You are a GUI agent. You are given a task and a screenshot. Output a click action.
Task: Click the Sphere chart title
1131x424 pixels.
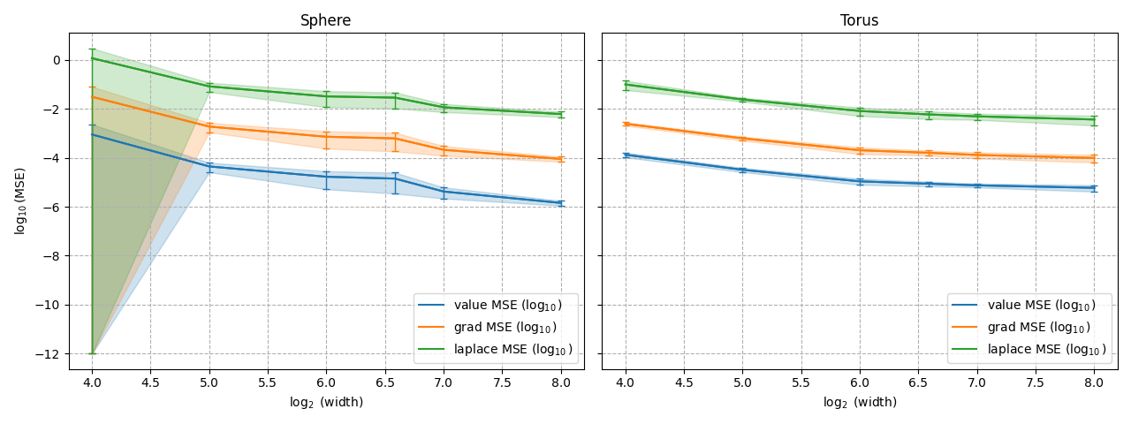[326, 20]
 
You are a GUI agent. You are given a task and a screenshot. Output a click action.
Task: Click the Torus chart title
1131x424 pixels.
[859, 20]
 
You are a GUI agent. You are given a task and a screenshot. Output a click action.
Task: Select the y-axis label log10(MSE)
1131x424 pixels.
[19, 201]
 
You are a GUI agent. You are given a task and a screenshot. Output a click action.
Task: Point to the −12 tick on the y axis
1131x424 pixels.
[48, 354]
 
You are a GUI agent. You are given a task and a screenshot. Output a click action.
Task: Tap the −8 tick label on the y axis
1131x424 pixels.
[51, 256]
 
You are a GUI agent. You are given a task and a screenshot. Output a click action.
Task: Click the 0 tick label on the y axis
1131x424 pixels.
[57, 61]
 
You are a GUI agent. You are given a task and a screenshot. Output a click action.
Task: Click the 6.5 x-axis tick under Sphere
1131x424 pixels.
[384, 382]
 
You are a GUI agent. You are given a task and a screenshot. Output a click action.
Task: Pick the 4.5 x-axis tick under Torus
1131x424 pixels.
[684, 382]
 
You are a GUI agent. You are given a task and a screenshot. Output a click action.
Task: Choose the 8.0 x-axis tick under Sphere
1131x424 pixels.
[561, 382]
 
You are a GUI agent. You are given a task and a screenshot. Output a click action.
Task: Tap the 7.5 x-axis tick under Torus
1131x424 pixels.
[1035, 382]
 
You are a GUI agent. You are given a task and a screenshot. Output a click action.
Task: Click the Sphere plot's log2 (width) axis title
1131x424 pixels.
[326, 402]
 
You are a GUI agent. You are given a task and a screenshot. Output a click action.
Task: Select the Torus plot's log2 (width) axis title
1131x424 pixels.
[860, 402]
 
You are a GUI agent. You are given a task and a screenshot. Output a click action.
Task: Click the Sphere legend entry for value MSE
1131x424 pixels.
[490, 306]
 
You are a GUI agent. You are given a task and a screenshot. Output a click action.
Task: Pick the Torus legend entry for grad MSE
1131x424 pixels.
[1021, 328]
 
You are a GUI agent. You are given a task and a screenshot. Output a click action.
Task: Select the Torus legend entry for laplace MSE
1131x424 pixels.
[1029, 350]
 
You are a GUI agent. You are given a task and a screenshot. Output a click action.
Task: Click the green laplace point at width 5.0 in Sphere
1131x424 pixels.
[209, 87]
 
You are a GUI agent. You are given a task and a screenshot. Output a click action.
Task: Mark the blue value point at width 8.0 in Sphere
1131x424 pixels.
[561, 203]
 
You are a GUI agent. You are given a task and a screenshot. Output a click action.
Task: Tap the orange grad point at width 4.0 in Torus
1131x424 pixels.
[626, 124]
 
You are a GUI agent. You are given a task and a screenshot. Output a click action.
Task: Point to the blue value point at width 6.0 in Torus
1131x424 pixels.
[860, 181]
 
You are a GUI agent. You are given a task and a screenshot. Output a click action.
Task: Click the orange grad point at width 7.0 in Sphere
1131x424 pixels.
[444, 150]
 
